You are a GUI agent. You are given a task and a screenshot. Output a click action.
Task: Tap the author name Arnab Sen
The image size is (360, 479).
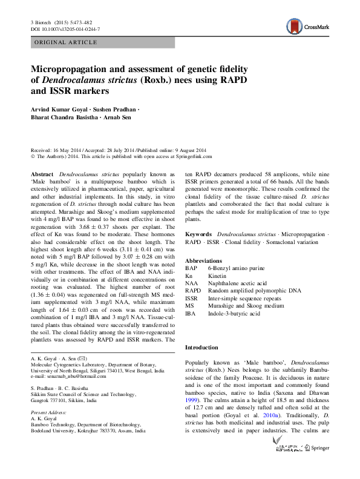(117, 117)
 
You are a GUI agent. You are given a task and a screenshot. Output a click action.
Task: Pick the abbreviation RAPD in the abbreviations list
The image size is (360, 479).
(192, 290)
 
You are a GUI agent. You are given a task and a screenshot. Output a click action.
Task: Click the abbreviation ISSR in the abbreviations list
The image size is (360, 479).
(191, 298)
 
